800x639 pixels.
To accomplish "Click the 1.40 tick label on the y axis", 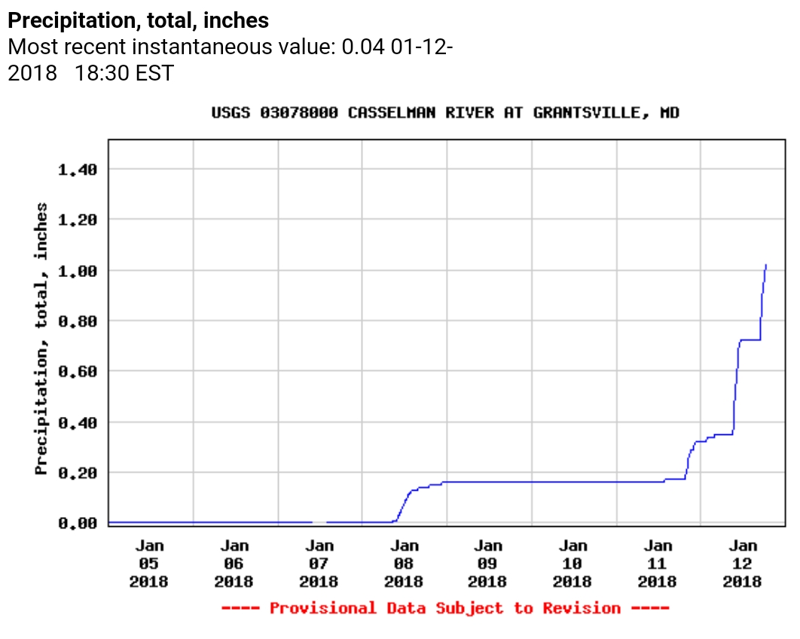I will click(x=77, y=169).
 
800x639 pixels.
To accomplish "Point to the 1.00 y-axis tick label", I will click(x=77, y=270).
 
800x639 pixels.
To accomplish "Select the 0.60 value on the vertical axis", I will click(x=77, y=371).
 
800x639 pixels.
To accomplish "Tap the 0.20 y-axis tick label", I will click(x=77, y=473).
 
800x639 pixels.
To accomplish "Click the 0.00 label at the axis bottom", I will click(x=77, y=523).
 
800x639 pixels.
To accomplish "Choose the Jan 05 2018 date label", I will click(x=149, y=564).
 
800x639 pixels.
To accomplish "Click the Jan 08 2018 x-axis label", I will click(x=404, y=564).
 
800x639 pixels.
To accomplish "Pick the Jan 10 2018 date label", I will click(x=573, y=564).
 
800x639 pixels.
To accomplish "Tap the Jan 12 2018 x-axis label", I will click(x=743, y=564).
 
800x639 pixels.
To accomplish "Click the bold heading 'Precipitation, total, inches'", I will click(x=138, y=20).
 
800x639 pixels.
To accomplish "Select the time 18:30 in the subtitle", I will click(x=102, y=74).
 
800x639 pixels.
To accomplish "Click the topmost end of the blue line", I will click(x=765, y=265).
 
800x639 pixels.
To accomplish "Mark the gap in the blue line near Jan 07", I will click(x=319, y=522).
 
